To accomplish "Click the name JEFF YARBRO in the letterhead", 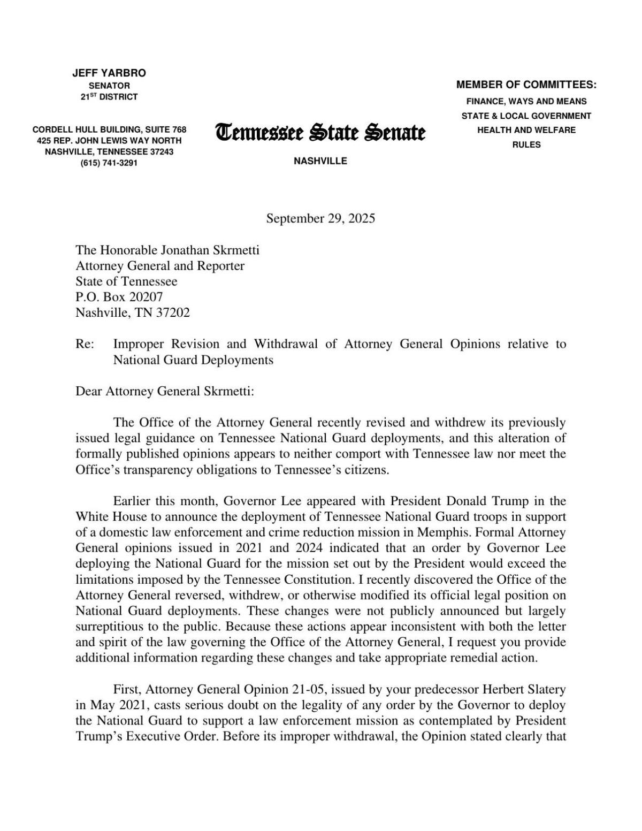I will pos(109,73).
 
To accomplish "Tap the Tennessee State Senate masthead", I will pos(320,132).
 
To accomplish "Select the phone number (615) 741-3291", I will pos(109,163).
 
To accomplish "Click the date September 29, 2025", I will pos(320,218).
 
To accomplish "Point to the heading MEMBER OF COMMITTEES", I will pos(526,85).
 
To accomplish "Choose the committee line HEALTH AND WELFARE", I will pos(526,130).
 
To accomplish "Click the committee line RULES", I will pos(526,144).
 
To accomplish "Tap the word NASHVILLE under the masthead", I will pos(320,161).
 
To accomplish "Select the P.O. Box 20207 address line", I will pos(119,297).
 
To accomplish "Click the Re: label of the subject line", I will pos(85,344).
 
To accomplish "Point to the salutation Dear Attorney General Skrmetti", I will pos(165,391).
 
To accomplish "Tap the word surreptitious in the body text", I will pos(109,626).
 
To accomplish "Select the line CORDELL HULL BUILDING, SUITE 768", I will pos(109,129).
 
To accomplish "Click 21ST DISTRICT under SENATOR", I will pos(109,97).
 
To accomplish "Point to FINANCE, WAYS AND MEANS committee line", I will pos(526,101).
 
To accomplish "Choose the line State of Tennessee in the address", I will pos(126,281).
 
